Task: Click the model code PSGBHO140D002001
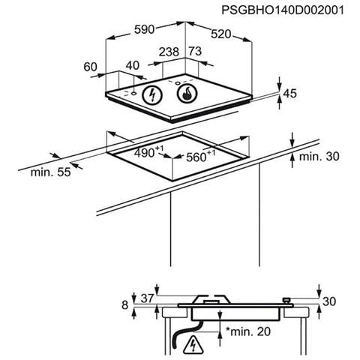tap(283, 10)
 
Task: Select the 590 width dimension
tap(144, 30)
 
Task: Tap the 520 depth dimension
tap(220, 34)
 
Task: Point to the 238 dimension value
tap(169, 52)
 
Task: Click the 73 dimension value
tap(195, 51)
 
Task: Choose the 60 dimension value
tap(90, 67)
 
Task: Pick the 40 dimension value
tap(132, 65)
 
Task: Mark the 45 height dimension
tap(290, 94)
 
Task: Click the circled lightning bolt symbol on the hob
tap(152, 95)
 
